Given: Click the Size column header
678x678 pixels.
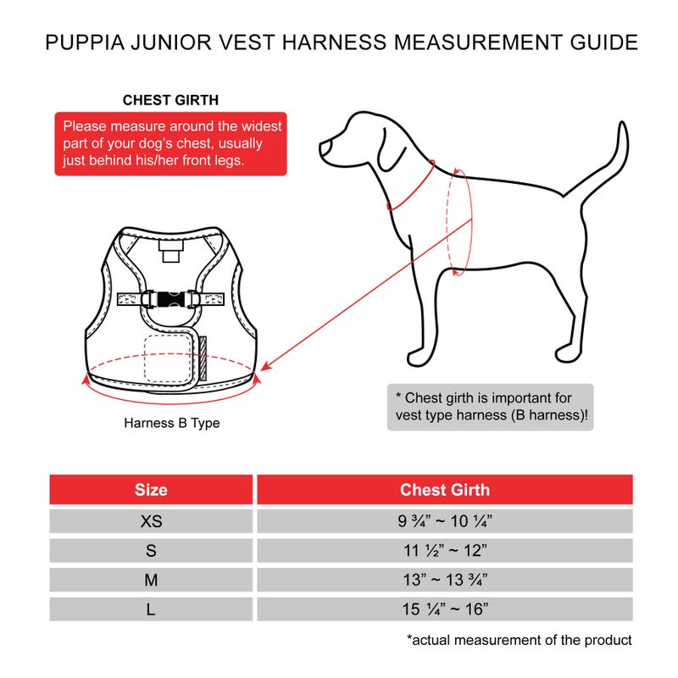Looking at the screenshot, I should click(x=151, y=490).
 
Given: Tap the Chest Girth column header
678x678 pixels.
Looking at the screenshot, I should click(x=445, y=490).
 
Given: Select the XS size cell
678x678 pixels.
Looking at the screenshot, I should click(x=151, y=521).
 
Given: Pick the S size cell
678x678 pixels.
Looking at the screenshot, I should click(x=151, y=551).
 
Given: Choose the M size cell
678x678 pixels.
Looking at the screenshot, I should click(x=151, y=580).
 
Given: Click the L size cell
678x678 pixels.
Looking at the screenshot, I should click(x=151, y=609).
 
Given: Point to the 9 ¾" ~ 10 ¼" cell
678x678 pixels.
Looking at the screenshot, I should click(x=445, y=521).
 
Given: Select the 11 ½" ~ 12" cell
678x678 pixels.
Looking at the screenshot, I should click(x=445, y=551).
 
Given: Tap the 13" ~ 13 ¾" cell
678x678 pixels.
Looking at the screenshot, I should click(x=445, y=580).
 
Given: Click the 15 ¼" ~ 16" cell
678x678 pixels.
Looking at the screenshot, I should click(x=445, y=609).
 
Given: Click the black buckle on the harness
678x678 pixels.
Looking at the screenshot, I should click(x=170, y=298).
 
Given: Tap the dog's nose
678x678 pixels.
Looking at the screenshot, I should click(x=323, y=150).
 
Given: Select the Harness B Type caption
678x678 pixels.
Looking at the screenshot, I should click(x=171, y=422).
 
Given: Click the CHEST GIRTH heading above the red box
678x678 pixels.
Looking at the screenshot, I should click(x=170, y=100).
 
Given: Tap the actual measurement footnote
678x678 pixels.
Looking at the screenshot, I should click(x=519, y=640).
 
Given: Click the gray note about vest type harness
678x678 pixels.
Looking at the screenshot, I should click(x=492, y=407).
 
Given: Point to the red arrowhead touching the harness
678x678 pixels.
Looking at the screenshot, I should click(x=266, y=367).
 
